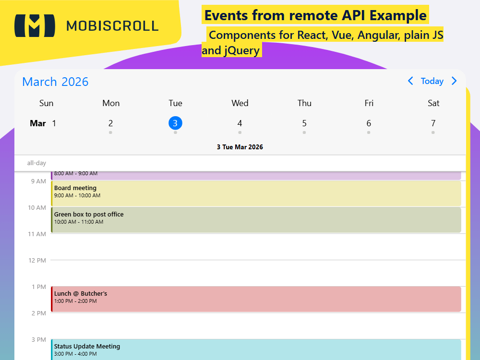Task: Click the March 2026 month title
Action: (55, 82)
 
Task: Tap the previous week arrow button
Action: (410, 81)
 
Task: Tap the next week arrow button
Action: (454, 81)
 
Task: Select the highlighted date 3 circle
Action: (175, 123)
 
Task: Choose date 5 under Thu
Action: (304, 123)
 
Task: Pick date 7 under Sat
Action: (433, 123)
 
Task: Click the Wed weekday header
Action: (240, 103)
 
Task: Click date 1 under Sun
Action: (54, 123)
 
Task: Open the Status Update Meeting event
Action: (256, 349)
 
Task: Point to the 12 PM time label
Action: (37, 260)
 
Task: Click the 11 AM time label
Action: (37, 234)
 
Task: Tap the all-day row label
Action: (36, 163)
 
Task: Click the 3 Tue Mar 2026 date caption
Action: (240, 147)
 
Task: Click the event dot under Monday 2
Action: (110, 132)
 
